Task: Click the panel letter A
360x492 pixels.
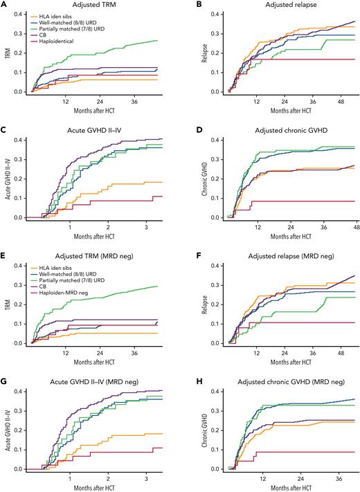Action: coord(5,5)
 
